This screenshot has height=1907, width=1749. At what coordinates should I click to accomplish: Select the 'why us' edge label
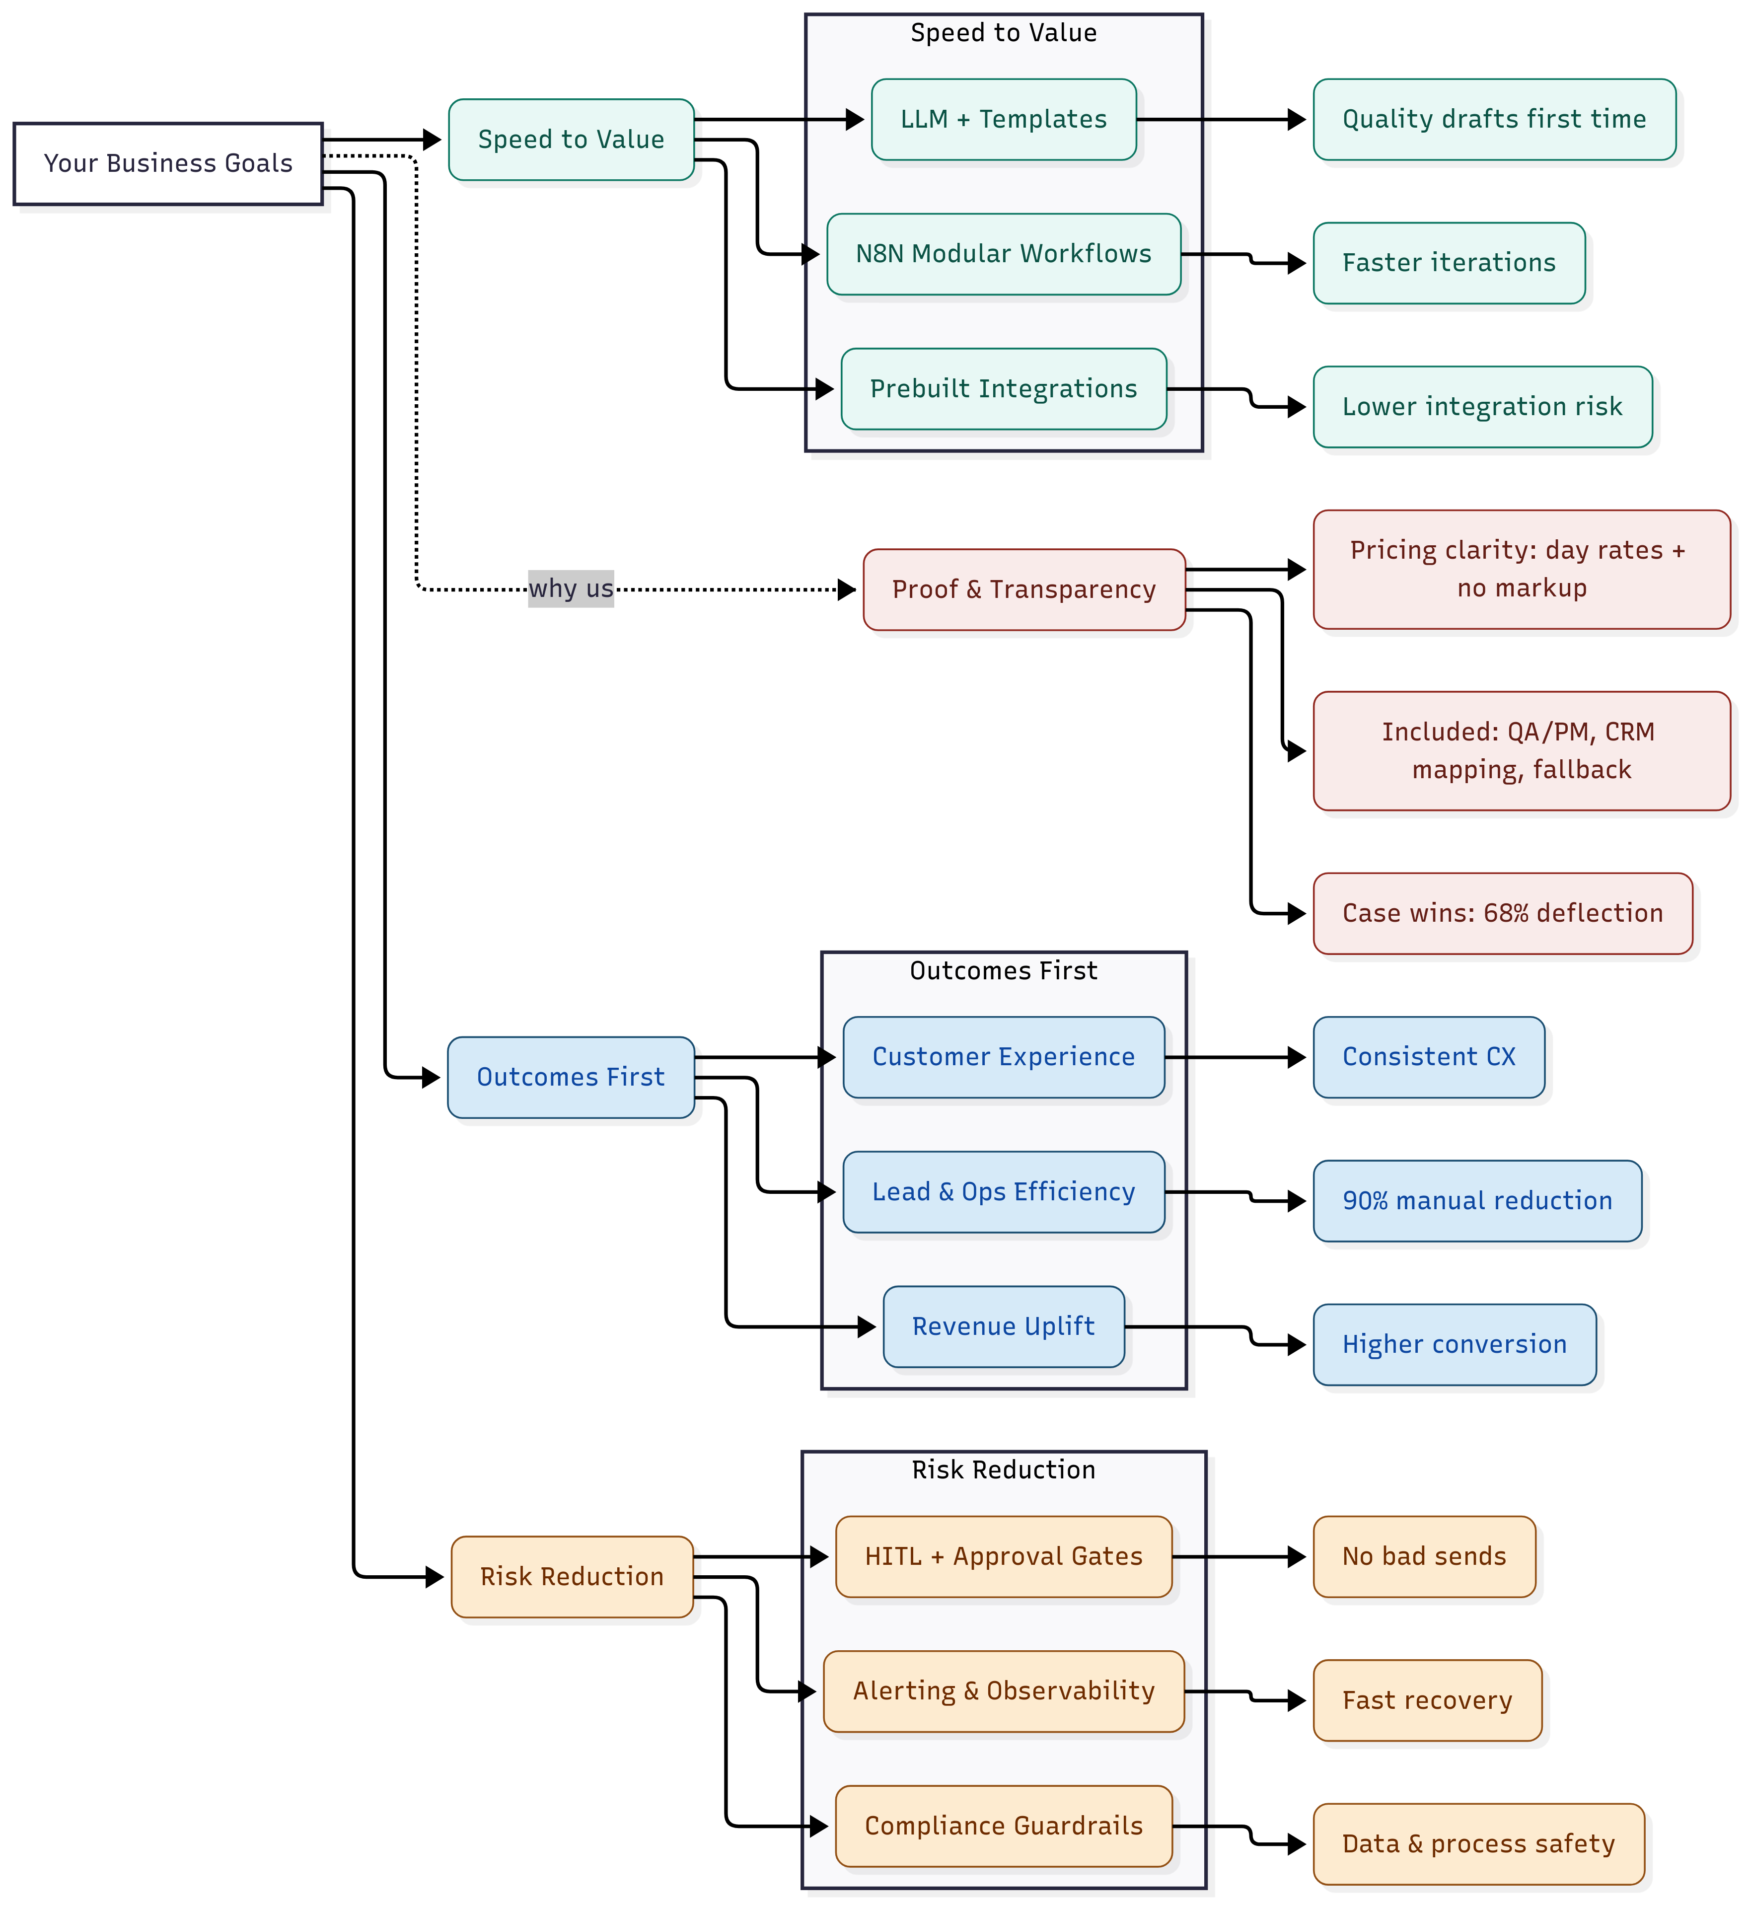coord(571,588)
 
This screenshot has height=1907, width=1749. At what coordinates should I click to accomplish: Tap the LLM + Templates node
coord(1003,119)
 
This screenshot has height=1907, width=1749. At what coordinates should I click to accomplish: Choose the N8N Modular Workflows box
coord(1003,254)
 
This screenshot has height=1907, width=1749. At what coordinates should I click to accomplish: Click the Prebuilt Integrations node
coord(1003,389)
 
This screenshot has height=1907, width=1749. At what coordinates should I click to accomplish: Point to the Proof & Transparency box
coord(1024,589)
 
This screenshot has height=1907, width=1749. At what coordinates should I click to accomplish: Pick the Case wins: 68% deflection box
coord(1502,913)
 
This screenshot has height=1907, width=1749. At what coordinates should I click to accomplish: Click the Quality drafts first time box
coord(1493,119)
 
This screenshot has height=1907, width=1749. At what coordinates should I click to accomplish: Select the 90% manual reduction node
coord(1476,1201)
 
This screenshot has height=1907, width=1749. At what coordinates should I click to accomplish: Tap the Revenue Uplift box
coord(1003,1327)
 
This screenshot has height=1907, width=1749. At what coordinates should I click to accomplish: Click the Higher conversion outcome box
coord(1454,1345)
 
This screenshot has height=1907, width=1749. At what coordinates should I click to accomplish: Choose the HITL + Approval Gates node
coord(1003,1557)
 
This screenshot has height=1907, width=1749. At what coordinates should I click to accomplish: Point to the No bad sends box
coord(1423,1557)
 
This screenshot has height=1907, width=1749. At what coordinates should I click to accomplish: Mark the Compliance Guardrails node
coord(1003,1827)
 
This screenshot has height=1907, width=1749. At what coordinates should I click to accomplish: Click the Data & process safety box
coord(1478,1844)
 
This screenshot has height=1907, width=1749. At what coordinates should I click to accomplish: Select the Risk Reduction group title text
coord(1003,1470)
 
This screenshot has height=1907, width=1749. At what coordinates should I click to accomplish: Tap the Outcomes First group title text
coord(1003,971)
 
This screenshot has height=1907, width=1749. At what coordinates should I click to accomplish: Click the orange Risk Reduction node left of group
coord(572,1577)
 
